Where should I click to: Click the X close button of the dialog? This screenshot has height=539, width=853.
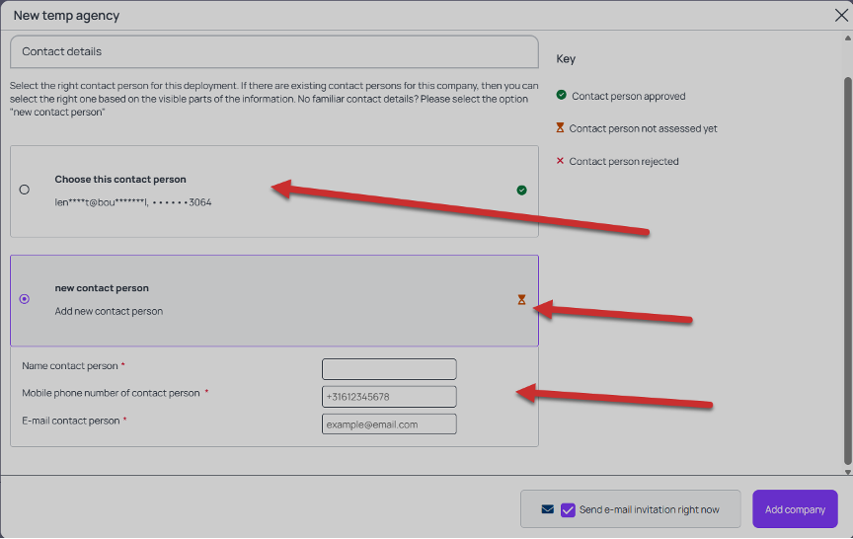tap(841, 15)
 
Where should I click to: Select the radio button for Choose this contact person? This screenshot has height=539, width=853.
tap(25, 190)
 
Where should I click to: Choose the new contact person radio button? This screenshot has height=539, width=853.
tap(25, 299)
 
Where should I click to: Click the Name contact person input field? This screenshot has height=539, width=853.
tap(389, 369)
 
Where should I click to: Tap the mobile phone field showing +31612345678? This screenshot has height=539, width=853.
tap(389, 397)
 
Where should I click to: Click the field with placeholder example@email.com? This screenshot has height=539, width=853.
tap(389, 424)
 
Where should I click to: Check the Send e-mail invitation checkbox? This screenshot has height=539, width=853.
tap(568, 509)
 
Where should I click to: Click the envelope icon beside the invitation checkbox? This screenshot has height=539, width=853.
tap(548, 509)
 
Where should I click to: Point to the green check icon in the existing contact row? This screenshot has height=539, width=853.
tap(521, 190)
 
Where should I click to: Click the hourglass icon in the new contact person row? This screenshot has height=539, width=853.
tap(521, 300)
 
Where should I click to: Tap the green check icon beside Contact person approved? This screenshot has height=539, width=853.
tap(562, 95)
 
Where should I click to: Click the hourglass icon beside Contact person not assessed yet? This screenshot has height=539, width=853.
tap(560, 127)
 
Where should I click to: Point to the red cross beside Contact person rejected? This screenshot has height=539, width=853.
tap(560, 161)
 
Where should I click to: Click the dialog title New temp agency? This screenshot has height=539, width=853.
tap(66, 15)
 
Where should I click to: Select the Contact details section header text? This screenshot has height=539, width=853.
tap(61, 51)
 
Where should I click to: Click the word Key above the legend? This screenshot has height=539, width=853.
tap(566, 59)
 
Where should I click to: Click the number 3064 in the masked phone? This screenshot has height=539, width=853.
tap(200, 202)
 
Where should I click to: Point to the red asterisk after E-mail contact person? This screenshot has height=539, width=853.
tap(124, 420)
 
